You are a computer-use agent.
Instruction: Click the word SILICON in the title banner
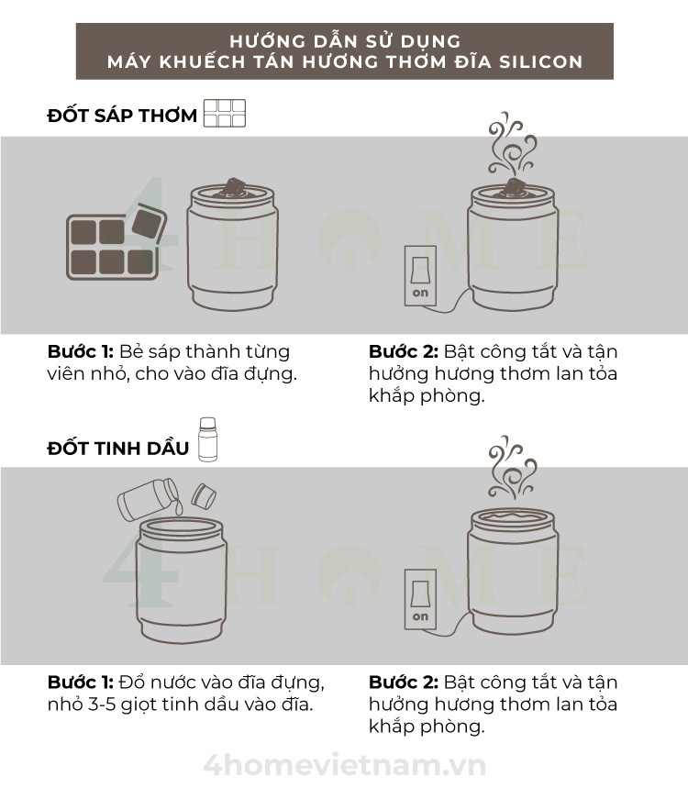click(540, 61)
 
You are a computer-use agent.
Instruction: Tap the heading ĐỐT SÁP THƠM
click(122, 116)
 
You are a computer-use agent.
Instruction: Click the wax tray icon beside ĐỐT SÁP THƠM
click(225, 113)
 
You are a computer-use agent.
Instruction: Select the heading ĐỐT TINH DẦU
click(117, 448)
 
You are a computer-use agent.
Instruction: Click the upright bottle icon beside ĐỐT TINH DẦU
click(208, 439)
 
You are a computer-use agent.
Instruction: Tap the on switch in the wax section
click(420, 276)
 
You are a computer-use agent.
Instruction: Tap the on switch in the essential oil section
click(420, 599)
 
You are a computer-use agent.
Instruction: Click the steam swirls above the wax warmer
click(511, 144)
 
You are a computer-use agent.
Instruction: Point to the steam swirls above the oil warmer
click(511, 467)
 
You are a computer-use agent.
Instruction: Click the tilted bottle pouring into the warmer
click(148, 498)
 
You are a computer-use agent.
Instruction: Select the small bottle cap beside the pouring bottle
click(204, 496)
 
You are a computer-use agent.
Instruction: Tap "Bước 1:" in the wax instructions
click(81, 351)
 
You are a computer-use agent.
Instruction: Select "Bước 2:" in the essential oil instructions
click(403, 682)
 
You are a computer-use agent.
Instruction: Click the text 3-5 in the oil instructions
click(102, 705)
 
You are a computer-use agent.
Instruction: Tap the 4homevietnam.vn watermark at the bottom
click(345, 765)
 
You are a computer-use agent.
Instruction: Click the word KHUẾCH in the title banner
click(203, 61)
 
